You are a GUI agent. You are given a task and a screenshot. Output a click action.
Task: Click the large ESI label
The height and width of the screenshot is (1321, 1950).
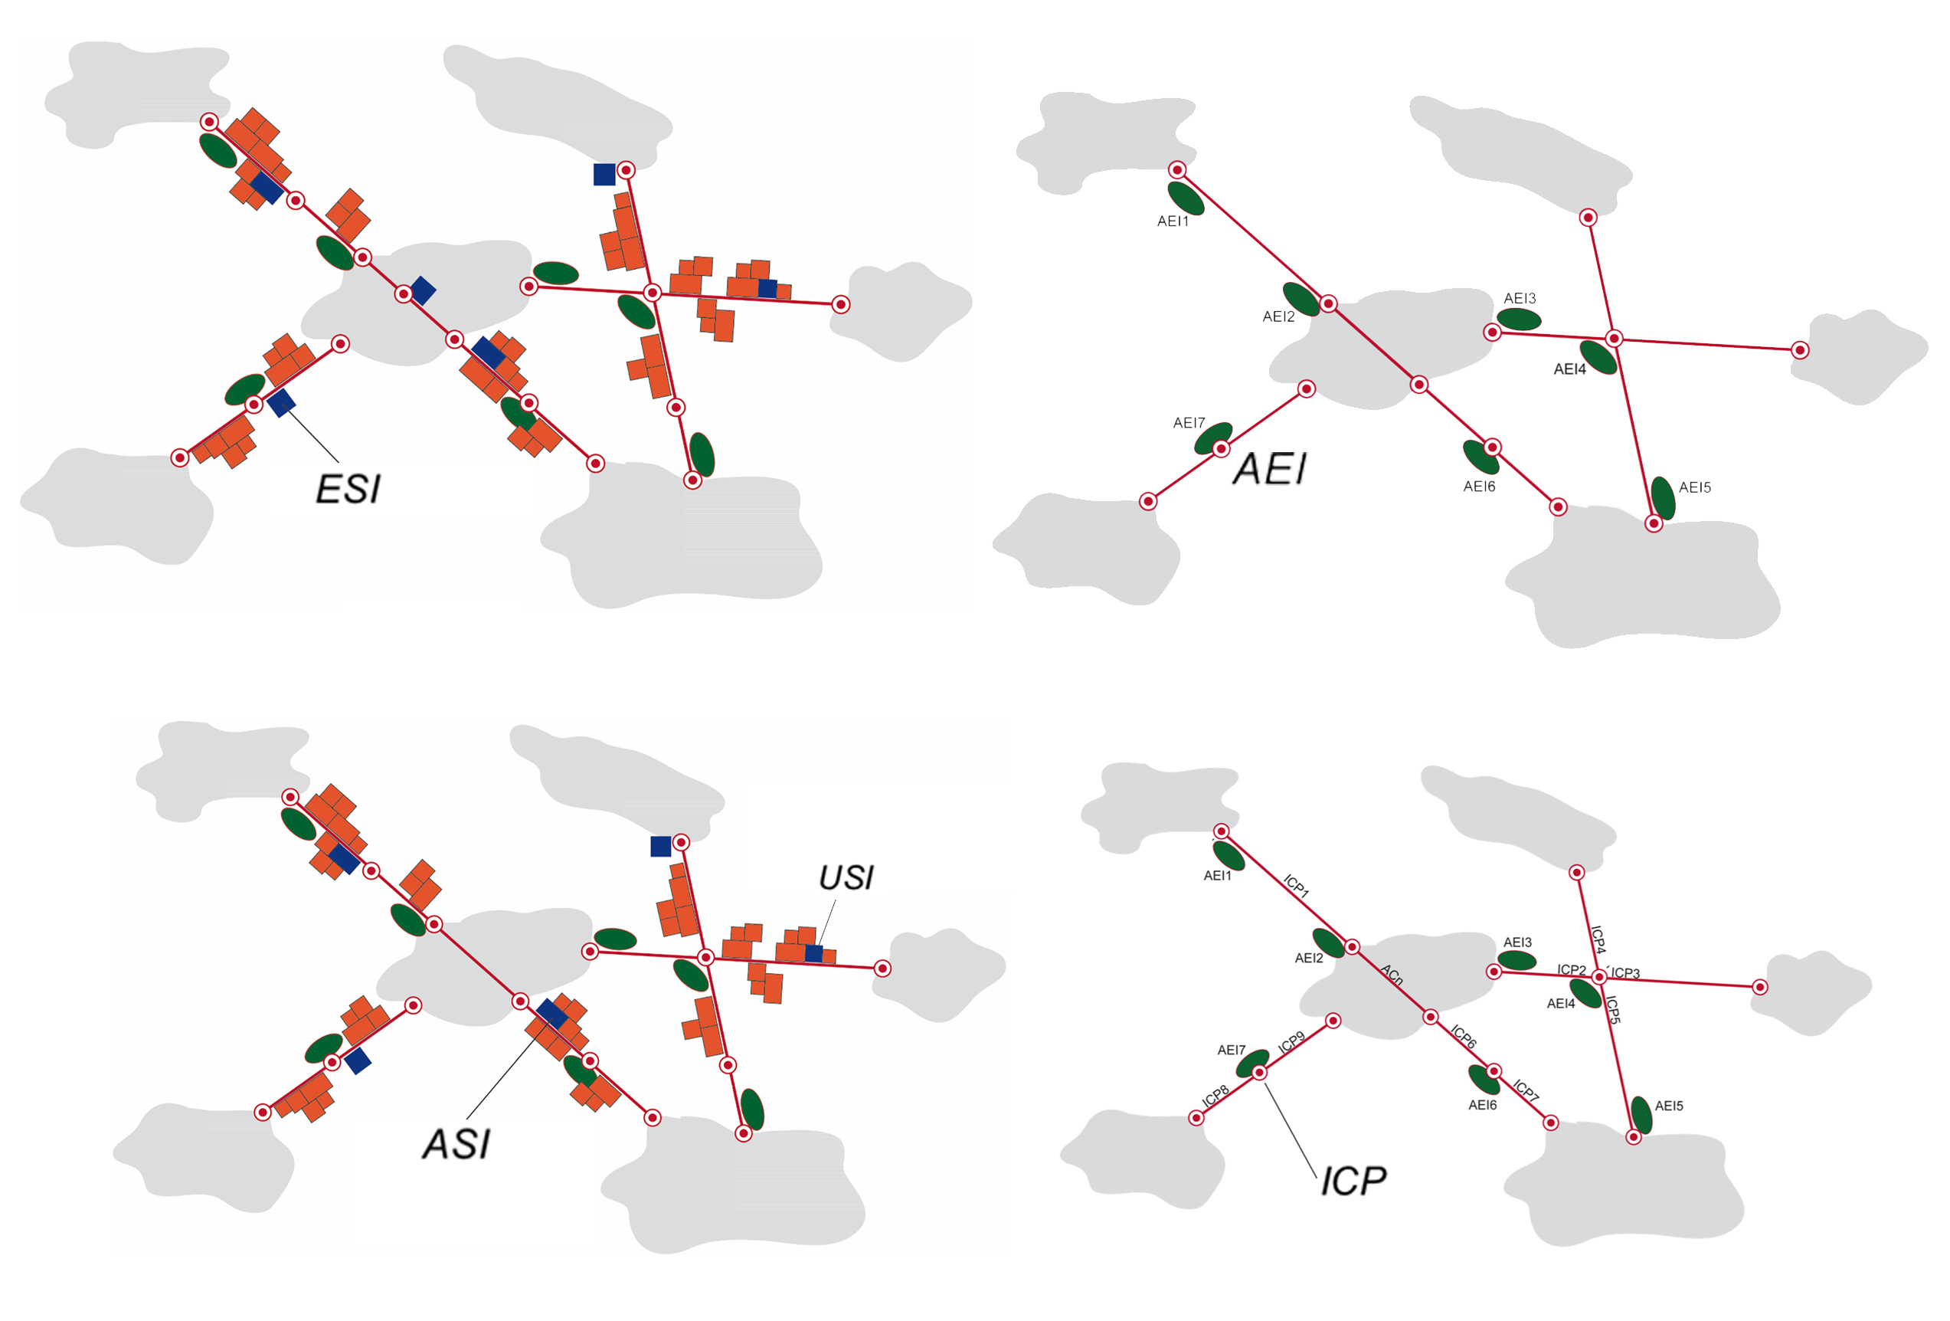[x=348, y=490]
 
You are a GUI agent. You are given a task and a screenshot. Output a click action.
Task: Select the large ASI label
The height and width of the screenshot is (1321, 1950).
[x=456, y=1144]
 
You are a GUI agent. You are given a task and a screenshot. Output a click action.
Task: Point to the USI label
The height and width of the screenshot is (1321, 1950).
[x=846, y=878]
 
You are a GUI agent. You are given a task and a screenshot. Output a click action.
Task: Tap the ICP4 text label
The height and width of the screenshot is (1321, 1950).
[x=1598, y=939]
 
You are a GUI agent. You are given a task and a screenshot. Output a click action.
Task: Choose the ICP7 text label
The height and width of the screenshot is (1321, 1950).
[x=1526, y=1090]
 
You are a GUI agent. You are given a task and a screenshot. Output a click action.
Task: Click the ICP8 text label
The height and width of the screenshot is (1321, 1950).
[x=1215, y=1094]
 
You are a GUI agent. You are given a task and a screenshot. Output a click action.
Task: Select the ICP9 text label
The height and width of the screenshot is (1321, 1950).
[x=1291, y=1042]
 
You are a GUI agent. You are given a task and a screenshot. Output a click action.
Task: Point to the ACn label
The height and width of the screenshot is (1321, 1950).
[x=1392, y=975]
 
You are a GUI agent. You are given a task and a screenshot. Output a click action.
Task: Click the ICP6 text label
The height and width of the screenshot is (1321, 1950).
[x=1464, y=1037]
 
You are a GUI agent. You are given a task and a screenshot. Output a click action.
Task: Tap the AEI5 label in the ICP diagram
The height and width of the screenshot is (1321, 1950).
[x=1669, y=1106]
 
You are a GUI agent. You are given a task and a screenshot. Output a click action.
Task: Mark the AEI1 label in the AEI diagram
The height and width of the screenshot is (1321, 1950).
[x=1172, y=221]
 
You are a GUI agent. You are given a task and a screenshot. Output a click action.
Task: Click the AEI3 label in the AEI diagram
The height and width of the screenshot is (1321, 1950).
[x=1520, y=299]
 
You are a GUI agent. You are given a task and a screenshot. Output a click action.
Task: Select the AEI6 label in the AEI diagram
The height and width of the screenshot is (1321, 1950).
[x=1479, y=487]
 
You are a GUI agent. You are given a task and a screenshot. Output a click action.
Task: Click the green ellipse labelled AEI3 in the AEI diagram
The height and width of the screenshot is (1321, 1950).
[x=1519, y=319]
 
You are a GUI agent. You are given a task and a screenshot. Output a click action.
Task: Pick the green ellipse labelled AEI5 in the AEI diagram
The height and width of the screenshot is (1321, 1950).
[x=1663, y=498]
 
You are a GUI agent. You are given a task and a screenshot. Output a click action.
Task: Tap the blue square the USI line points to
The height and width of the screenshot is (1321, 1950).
[x=813, y=953]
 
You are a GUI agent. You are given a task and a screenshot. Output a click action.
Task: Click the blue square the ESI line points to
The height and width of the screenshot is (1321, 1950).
[x=281, y=402]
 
